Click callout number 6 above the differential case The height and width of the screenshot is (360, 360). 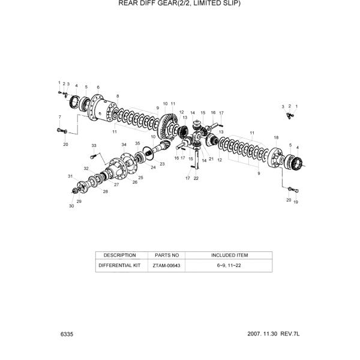pos(98,87)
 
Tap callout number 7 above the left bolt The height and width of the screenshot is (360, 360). pos(59,116)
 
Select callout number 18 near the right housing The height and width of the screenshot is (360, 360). pos(276,137)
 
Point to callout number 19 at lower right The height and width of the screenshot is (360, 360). pos(295,202)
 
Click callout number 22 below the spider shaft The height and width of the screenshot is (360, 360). pos(196,178)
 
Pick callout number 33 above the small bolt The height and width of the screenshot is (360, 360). pos(94,146)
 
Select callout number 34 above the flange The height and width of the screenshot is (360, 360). pos(124,145)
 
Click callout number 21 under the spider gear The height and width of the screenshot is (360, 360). pos(211,159)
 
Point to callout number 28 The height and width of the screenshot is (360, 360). pos(105,191)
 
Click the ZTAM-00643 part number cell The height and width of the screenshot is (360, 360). pos(167,265)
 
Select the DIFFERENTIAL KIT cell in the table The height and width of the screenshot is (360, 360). pos(120,265)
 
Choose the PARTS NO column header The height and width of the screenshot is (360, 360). pos(167,255)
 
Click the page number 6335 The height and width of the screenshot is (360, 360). pos(67,333)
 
